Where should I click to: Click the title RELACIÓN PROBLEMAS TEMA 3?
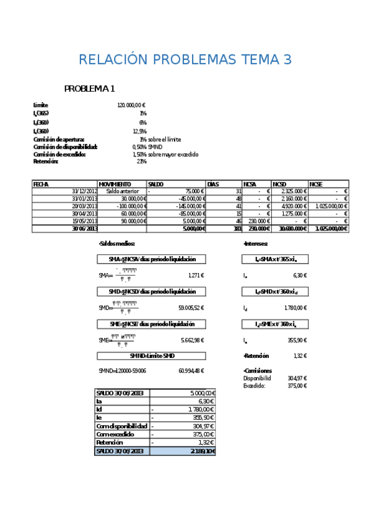pos(185,60)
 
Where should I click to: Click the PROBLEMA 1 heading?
pos(90,89)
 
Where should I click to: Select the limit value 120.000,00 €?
pos(131,106)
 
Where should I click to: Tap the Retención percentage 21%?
pos(142,162)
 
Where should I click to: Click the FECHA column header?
pos(41,184)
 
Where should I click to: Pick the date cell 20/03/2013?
pos(84,206)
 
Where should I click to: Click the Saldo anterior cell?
pos(122,191)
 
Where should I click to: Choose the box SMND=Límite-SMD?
pos(152,356)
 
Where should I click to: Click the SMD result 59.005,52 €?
pos(191,308)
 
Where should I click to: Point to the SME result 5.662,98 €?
pos(192,340)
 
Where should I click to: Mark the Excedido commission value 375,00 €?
pos(297,386)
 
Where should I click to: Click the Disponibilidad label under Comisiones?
pos(257,378)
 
